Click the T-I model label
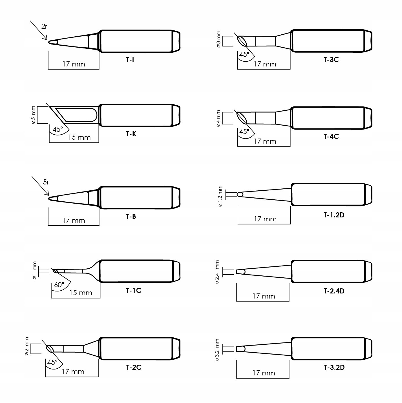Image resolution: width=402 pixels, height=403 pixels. tap(130, 60)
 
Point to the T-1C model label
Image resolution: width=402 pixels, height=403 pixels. tap(134, 290)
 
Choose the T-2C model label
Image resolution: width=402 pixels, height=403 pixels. tap(134, 367)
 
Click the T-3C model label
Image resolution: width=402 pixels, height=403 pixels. tap(331, 60)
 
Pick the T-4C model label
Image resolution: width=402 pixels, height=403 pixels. tap(331, 137)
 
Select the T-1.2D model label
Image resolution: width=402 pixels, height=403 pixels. tap(334, 215)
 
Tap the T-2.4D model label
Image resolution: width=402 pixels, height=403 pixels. tap(334, 291)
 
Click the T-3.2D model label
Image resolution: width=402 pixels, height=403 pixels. tap(334, 367)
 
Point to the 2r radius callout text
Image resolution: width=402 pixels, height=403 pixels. tap(44, 26)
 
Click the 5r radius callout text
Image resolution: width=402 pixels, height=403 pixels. tap(46, 182)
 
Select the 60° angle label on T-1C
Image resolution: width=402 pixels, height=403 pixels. tap(59, 285)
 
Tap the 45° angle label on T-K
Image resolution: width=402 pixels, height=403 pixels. tap(58, 129)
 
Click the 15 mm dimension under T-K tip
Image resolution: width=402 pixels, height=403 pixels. tap(79, 137)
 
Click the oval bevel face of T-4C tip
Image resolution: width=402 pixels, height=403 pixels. tap(242, 118)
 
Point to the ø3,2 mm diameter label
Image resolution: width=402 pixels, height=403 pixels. tap(217, 350)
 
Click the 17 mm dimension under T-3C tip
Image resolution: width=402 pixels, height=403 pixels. tap(265, 64)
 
